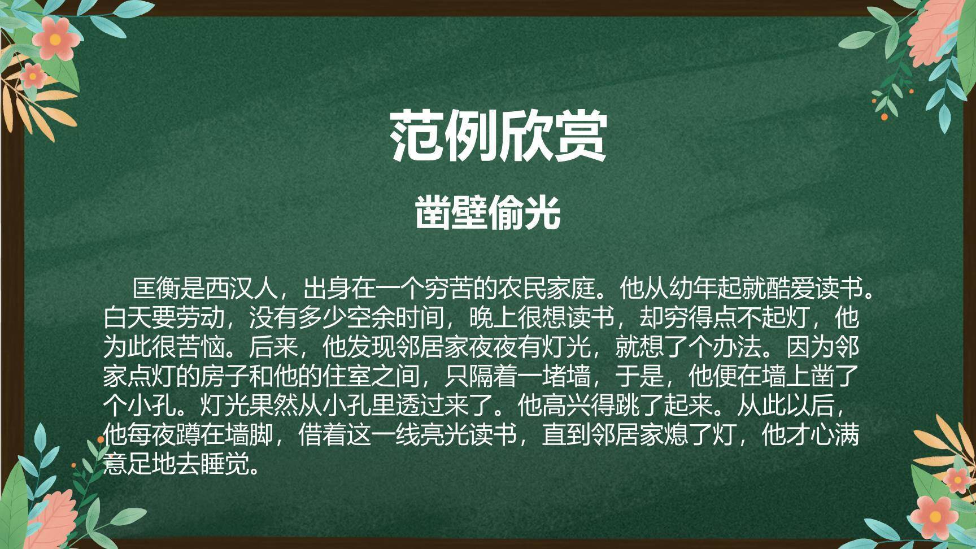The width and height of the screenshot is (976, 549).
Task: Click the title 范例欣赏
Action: (x=498, y=135)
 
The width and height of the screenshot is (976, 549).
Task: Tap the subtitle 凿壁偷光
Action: (x=488, y=213)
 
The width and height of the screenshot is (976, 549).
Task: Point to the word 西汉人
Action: (x=241, y=289)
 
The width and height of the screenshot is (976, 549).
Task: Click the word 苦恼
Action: (x=201, y=347)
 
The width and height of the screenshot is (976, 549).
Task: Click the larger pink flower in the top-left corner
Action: (x=55, y=38)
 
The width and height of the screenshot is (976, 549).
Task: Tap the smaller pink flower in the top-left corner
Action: (x=33, y=75)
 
